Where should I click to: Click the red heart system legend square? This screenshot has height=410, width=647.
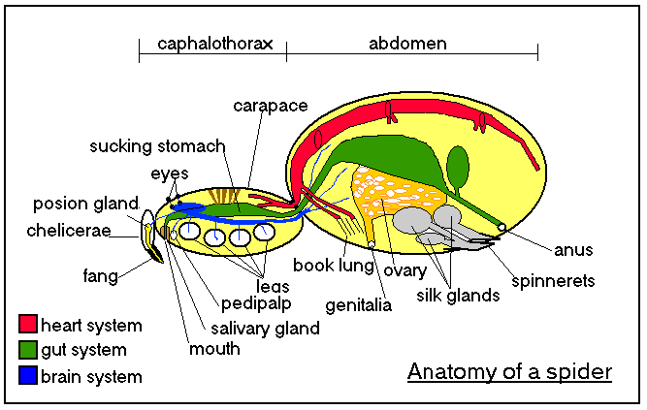coord(28,324)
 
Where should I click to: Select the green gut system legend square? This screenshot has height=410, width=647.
coord(28,349)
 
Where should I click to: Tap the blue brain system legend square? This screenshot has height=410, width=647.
coord(28,375)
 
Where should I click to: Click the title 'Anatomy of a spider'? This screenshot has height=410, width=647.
coord(509,372)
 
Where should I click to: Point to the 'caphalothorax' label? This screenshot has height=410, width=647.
coord(215,44)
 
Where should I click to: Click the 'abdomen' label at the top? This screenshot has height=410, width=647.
coord(407,44)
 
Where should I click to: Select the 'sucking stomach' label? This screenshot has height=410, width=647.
coord(157,146)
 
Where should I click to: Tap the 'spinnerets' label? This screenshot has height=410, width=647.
coord(553,281)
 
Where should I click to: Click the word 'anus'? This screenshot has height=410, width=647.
coord(573,250)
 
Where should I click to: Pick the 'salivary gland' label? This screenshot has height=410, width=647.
coord(265,329)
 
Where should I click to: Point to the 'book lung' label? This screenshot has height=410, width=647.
coord(334,266)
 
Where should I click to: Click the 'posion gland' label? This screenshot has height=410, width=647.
coord(85,204)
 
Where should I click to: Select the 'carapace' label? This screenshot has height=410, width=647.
coord(271,106)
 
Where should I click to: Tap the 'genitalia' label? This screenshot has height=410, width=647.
coord(358,305)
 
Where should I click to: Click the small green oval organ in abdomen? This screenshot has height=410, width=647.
coord(458,167)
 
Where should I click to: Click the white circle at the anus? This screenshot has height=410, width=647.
coord(501,227)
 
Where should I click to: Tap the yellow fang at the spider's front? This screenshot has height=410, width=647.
coord(153,247)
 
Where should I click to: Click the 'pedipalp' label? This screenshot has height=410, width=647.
coord(256,304)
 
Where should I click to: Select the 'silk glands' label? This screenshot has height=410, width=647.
coord(458,296)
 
